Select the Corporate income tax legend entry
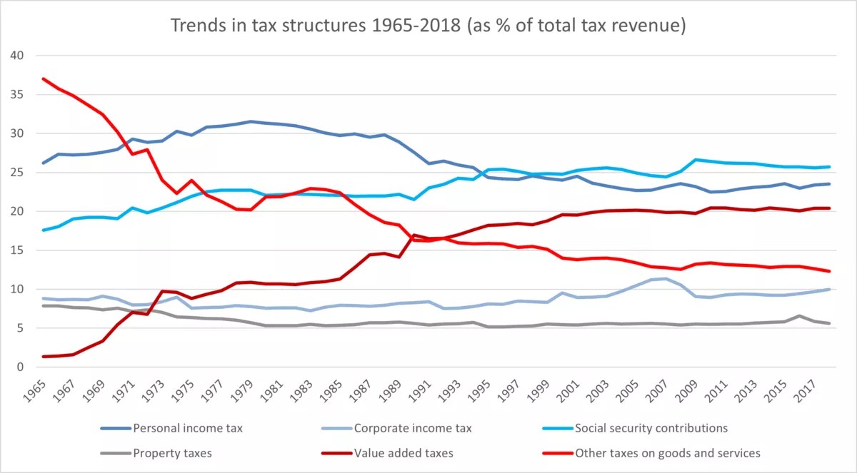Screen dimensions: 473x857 (413, 428)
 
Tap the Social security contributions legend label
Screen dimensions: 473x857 (651, 428)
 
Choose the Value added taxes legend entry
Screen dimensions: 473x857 (404, 452)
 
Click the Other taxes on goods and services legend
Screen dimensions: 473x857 (667, 452)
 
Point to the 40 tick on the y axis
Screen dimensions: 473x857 (17, 56)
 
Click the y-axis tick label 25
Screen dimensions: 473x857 (17, 173)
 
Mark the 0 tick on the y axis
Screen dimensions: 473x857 (20, 367)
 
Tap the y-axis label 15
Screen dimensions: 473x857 (17, 250)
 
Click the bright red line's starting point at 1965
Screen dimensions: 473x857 (44, 78)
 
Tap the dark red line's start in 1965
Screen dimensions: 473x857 (44, 357)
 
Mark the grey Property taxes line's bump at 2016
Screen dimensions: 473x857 (800, 316)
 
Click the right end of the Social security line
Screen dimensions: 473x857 (828, 167)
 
